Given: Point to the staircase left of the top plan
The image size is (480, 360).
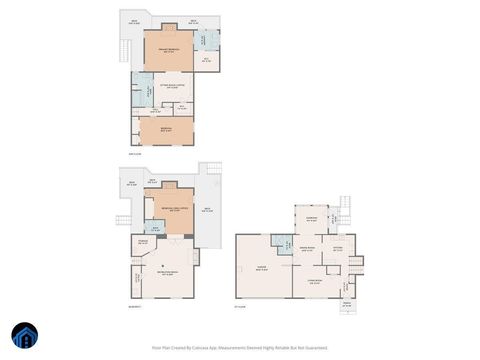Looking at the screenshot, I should click(x=124, y=50).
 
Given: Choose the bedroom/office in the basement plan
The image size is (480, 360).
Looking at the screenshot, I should click(x=174, y=208).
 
